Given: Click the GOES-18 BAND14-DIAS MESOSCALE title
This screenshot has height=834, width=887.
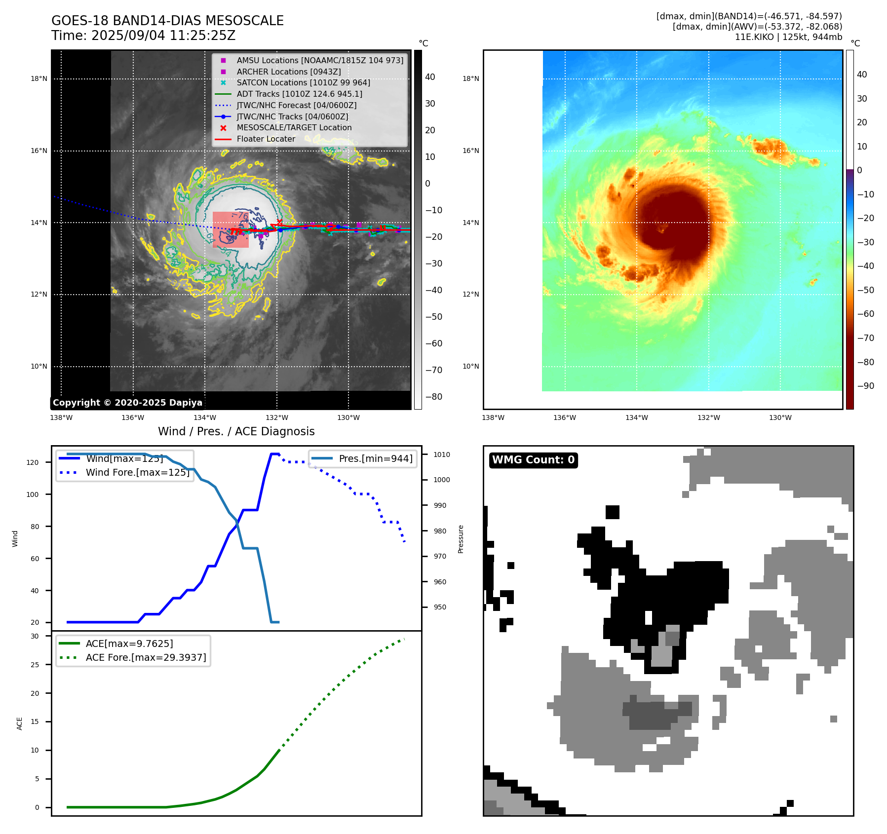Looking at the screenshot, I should (167, 21).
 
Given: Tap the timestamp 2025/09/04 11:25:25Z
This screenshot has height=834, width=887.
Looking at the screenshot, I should (163, 36).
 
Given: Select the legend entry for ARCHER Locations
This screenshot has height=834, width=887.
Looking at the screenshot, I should (288, 72).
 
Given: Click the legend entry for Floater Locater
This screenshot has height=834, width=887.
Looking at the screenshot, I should (266, 139).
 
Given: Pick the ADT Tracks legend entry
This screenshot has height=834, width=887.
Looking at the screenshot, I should (299, 94).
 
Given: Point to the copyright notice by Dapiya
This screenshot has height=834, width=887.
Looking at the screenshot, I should (127, 403).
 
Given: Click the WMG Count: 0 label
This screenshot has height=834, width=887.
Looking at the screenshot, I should (533, 460).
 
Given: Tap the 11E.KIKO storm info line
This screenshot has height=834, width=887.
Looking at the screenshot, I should (788, 37).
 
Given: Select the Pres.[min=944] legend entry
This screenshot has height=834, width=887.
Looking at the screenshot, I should (375, 458).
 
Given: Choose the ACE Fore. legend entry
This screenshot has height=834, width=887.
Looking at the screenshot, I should (146, 657).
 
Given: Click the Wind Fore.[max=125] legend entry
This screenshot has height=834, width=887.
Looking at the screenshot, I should (137, 472).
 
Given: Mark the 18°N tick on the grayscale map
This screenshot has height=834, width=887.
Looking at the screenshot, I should (39, 78).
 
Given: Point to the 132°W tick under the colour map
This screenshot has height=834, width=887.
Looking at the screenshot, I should (708, 418).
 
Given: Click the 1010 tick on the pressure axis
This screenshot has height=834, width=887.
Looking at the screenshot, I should (442, 455).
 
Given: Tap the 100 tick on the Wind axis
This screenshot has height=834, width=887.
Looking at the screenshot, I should (33, 494).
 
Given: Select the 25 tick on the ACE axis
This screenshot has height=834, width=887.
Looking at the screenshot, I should (35, 665).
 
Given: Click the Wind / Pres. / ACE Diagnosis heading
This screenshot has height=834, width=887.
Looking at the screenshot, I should (236, 431).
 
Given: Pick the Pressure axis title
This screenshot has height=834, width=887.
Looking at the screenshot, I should (461, 539).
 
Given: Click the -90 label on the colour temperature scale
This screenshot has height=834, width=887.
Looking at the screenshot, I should (865, 386).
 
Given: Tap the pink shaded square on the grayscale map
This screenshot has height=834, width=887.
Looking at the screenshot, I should (231, 229).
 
